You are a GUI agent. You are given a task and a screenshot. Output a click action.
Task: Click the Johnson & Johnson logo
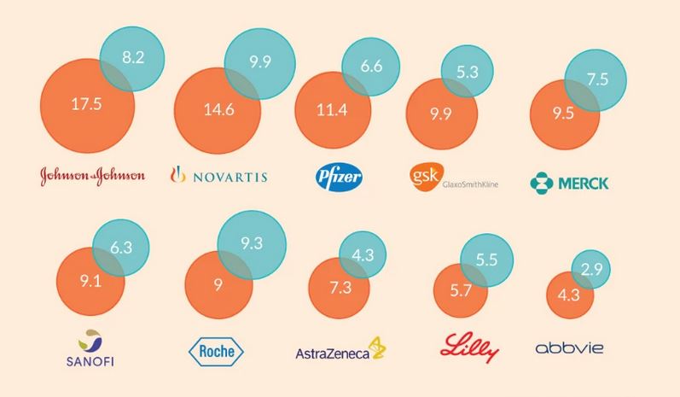click(93, 176)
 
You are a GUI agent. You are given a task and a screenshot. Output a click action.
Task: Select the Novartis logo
click(219, 176)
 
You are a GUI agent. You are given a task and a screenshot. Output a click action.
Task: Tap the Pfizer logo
click(340, 177)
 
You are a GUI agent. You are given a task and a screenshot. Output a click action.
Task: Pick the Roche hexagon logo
click(214, 351)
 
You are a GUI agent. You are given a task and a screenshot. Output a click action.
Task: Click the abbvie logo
click(570, 348)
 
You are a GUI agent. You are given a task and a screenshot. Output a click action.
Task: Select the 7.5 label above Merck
click(597, 79)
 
